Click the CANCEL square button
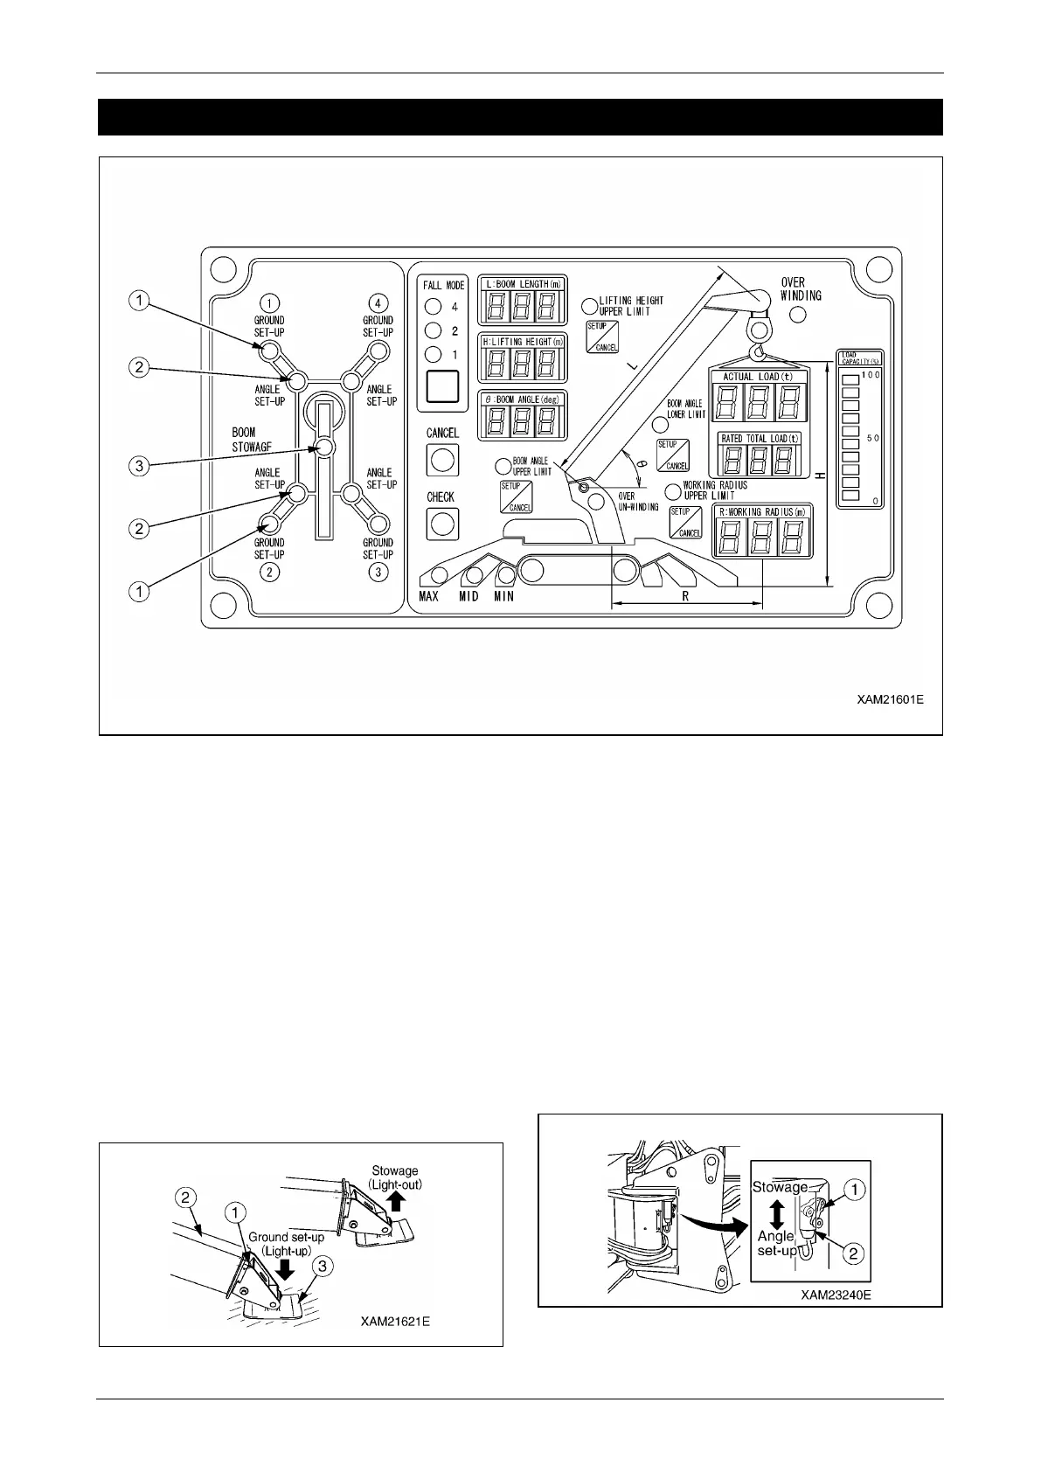click(x=442, y=461)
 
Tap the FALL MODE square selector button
click(x=441, y=385)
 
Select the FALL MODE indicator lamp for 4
click(x=432, y=307)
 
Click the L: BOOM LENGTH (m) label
click(x=523, y=284)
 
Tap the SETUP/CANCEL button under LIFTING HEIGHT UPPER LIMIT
click(x=602, y=337)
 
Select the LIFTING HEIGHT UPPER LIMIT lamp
click(x=590, y=306)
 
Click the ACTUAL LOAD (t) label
click(x=757, y=377)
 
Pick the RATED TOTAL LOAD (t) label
click(x=759, y=439)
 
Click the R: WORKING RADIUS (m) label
click(x=761, y=511)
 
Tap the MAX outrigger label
click(x=428, y=596)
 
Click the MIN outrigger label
click(x=503, y=596)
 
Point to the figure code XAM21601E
click(x=889, y=699)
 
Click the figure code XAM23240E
click(x=836, y=1295)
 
